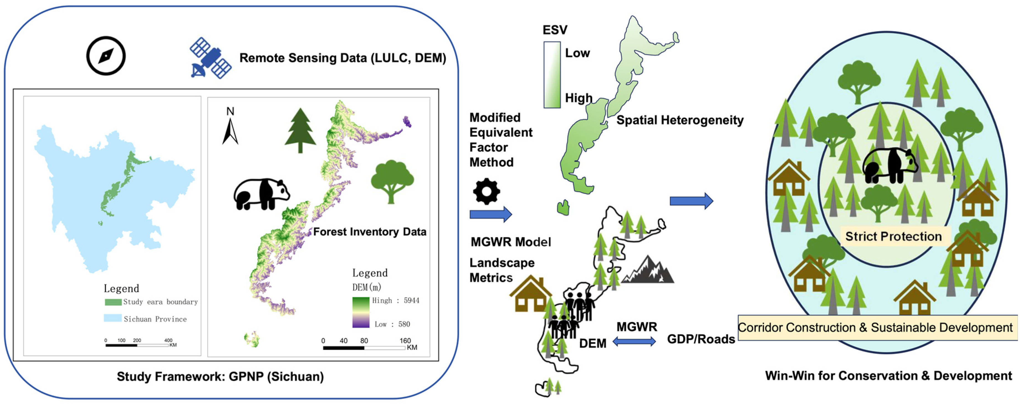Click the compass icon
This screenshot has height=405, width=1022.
point(106,56)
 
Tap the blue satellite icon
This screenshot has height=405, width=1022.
point(210,58)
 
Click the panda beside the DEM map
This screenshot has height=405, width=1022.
point(261,193)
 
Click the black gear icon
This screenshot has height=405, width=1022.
point(486,191)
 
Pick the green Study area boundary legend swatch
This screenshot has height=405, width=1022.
point(113,302)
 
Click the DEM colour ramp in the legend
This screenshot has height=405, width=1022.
point(361,312)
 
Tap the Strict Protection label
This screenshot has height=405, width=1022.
point(893,236)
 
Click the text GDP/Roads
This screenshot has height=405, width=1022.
point(701,339)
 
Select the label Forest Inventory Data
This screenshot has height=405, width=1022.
point(369,231)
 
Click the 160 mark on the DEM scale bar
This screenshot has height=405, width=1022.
point(405,341)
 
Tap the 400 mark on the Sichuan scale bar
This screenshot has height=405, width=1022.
point(168,340)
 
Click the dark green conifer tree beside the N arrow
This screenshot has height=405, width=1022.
point(300,130)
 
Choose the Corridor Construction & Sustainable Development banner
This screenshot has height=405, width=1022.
point(877,328)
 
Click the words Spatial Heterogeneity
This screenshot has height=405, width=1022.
point(679,120)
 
